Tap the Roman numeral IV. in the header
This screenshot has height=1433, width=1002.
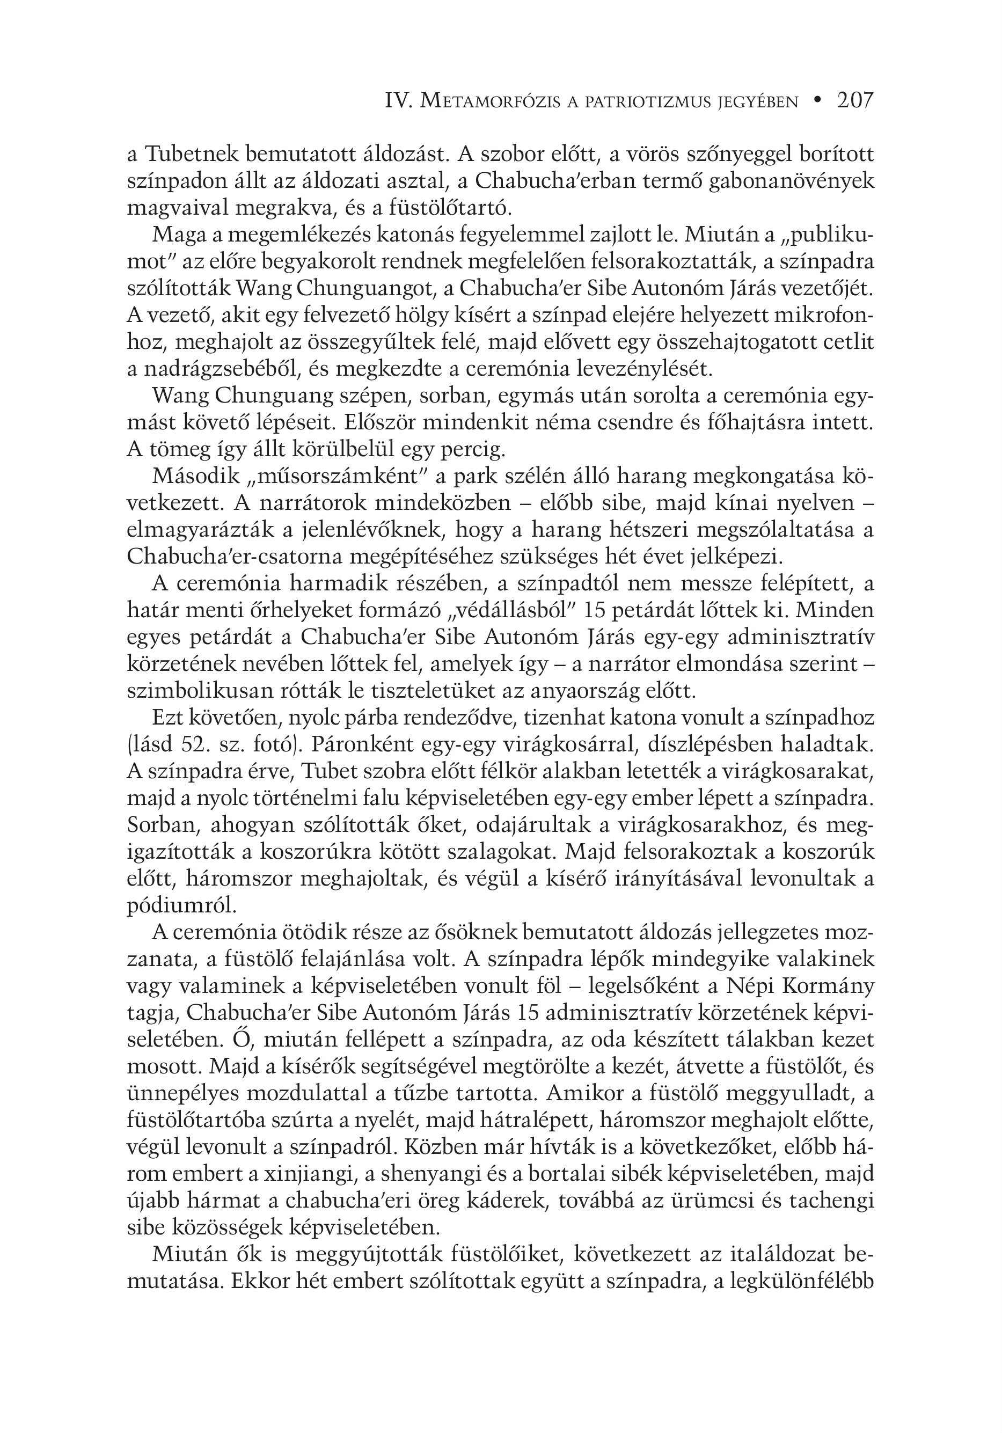397,100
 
